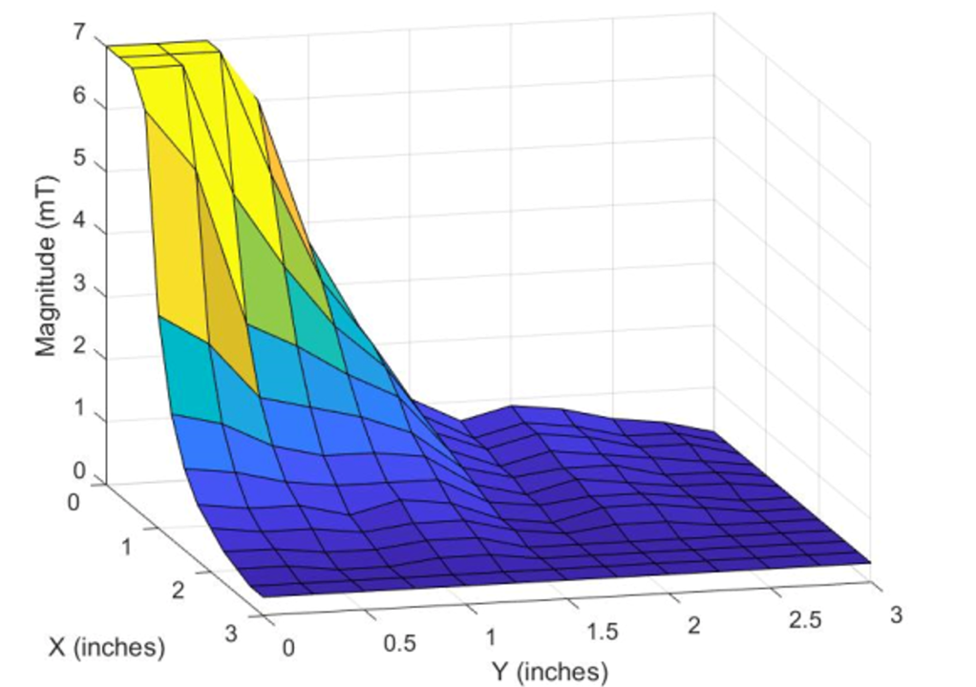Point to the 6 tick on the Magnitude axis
point(75,97)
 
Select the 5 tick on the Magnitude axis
point(75,159)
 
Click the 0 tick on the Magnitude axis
point(75,470)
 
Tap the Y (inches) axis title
point(549,672)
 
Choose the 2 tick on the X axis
point(179,590)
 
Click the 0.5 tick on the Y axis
point(399,643)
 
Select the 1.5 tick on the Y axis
point(603,632)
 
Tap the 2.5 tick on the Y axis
point(804,620)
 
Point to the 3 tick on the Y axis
point(895,615)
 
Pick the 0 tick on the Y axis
point(289,649)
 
